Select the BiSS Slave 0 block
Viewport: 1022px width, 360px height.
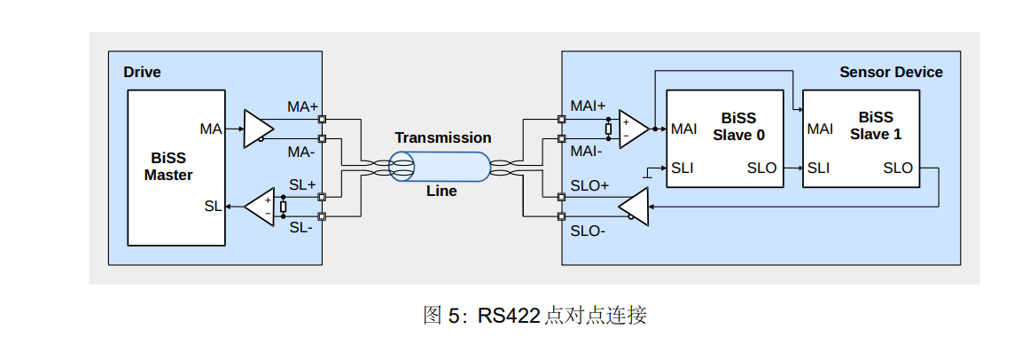coord(724,137)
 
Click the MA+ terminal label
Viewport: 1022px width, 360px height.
coord(302,106)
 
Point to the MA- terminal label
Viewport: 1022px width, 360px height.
coord(301,151)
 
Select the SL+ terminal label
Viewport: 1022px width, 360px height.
coord(302,184)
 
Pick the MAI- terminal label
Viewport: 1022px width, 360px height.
coord(587,151)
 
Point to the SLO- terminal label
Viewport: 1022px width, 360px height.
coord(588,231)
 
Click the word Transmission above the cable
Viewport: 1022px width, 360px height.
coord(442,137)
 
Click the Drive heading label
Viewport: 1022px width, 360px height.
coord(142,72)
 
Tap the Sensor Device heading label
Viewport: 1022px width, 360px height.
coord(891,72)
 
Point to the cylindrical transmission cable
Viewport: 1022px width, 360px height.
coord(441,166)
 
